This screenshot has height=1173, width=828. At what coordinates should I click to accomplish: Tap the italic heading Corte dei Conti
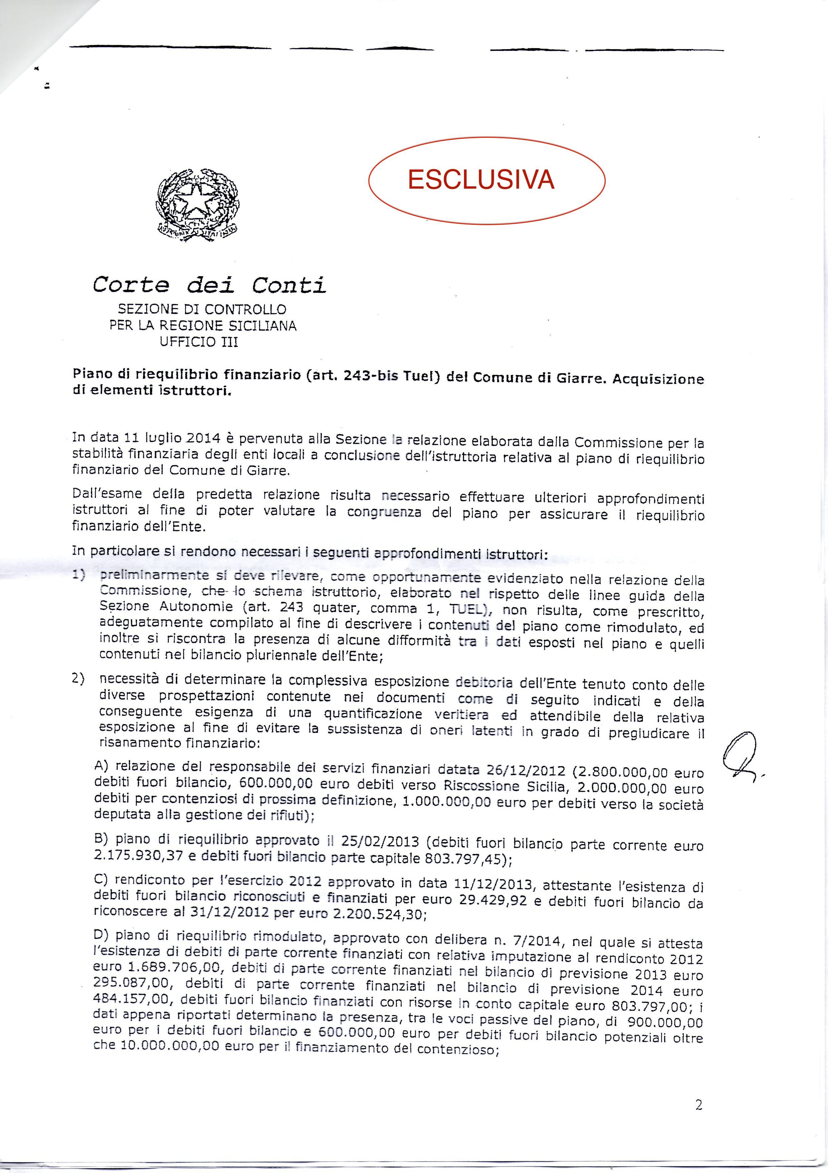pos(209,285)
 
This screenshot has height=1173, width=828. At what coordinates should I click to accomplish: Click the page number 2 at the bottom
pos(699,1105)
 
